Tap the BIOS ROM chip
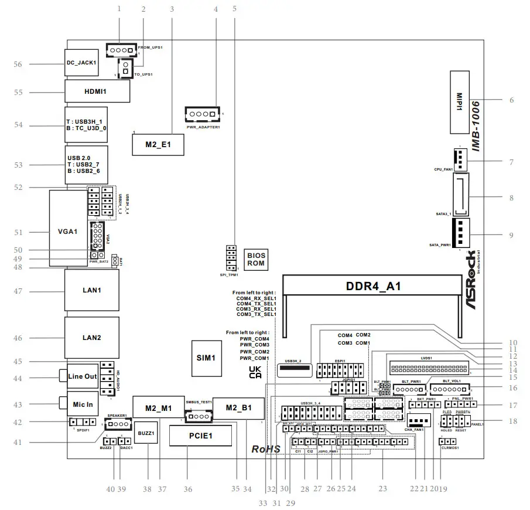[256, 259]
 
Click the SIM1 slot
[206, 357]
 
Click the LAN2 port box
[92, 338]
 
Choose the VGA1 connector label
[67, 232]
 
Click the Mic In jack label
[82, 404]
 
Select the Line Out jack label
[83, 376]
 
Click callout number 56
[18, 64]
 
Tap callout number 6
[511, 100]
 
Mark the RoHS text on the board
[266, 449]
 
